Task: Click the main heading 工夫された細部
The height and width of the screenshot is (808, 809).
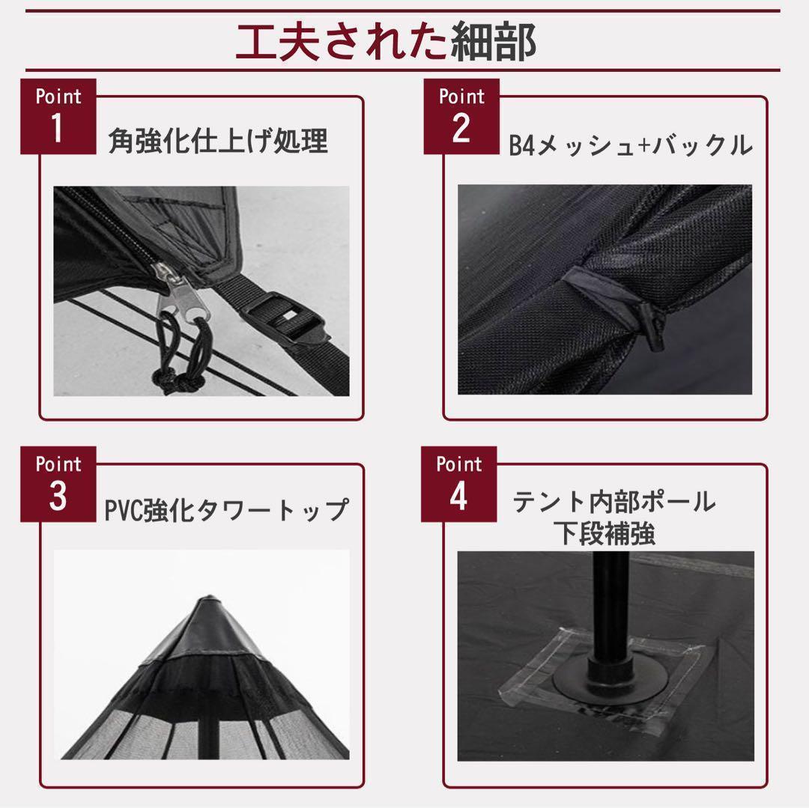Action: click(386, 43)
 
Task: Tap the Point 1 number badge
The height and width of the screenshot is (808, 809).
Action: click(58, 117)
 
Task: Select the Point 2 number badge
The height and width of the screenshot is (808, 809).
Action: click(461, 117)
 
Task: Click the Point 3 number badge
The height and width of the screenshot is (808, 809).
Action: click(58, 485)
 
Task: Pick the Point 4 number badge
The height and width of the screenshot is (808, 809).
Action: click(458, 485)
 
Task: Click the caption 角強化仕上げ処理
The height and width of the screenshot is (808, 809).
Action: click(218, 141)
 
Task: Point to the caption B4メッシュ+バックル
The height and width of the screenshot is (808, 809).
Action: click(630, 145)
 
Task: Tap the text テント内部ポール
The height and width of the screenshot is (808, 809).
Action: click(613, 502)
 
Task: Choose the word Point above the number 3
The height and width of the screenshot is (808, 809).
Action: click(58, 464)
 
